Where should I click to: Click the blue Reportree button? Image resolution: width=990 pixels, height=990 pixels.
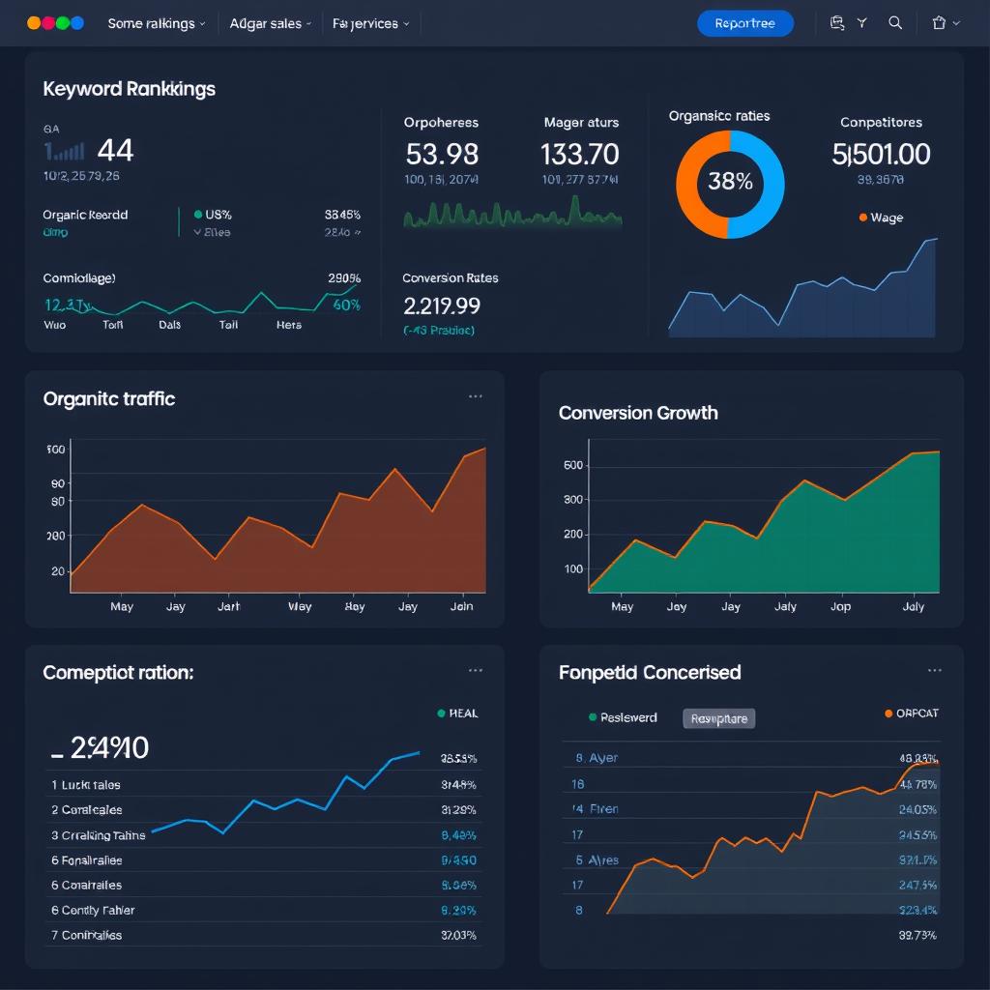[x=744, y=23]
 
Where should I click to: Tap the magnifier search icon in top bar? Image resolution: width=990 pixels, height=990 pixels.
[x=895, y=23]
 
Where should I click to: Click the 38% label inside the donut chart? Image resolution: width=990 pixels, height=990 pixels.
[x=730, y=182]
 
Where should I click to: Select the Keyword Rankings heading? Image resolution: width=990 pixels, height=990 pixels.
[x=129, y=89]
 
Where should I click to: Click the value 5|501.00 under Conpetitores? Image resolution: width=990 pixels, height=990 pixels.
[x=881, y=154]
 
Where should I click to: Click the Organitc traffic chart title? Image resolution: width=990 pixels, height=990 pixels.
[x=108, y=398]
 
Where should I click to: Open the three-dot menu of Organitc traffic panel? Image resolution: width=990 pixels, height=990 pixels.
[x=475, y=396]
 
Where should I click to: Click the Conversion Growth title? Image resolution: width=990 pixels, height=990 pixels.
[x=638, y=413]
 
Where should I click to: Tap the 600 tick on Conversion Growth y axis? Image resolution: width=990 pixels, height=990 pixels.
[x=572, y=465]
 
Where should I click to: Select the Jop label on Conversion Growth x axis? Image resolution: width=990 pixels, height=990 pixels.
[x=840, y=606]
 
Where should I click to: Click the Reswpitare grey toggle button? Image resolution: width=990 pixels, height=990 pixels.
[x=718, y=718]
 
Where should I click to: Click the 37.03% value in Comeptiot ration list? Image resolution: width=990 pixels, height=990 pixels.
[x=458, y=935]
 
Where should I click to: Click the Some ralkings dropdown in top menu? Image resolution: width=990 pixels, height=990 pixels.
[x=156, y=23]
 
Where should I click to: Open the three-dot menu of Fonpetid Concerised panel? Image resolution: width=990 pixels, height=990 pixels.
[x=934, y=670]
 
